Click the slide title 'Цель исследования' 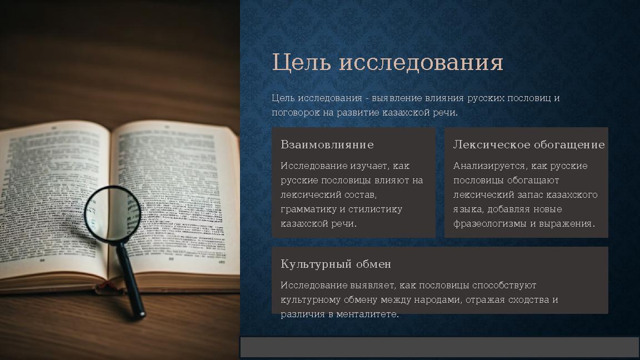pyautogui.click(x=387, y=63)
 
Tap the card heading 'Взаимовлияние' pyautogui.click(x=327, y=145)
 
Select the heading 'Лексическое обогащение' pyautogui.click(x=528, y=145)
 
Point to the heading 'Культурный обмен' pyautogui.click(x=336, y=264)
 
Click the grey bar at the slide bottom pyautogui.click(x=439, y=348)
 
